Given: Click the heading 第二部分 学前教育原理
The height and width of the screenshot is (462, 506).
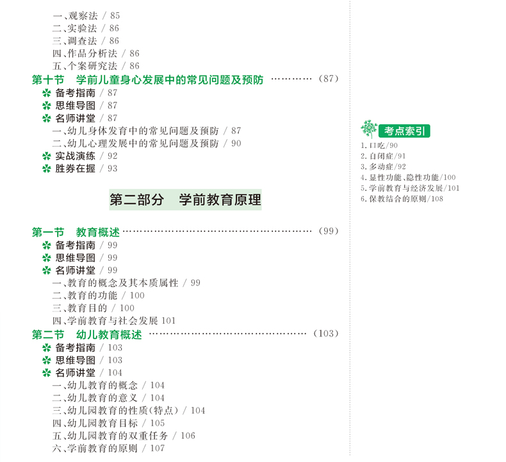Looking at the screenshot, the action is coord(185,200).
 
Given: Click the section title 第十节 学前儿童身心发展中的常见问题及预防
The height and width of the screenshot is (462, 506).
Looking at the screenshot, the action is coord(148,79).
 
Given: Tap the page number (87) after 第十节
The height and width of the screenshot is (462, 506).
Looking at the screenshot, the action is coord(327,79).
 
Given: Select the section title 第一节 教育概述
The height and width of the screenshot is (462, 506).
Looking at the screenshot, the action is coord(76,232).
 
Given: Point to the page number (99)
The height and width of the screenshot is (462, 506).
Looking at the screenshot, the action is coord(327,231).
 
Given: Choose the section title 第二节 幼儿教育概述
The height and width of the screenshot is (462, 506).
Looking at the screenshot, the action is coord(87,334).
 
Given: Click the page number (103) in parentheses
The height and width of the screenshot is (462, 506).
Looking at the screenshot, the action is coord(325,333).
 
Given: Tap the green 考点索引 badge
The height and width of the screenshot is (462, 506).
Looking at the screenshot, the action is coord(404,131).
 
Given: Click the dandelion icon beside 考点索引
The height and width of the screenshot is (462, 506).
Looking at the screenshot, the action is coord(369,129).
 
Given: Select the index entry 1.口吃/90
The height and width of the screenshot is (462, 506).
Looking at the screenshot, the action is coord(379,145).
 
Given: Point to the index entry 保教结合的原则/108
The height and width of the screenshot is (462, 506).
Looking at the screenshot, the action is coord(402,199).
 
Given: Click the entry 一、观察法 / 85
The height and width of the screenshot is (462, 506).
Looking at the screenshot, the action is coord(86,15).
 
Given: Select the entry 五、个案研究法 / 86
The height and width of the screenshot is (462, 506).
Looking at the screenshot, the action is coord(95,66).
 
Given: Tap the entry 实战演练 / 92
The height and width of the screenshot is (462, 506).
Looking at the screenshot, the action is coord(86,156).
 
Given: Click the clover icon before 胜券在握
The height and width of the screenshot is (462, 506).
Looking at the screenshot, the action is coord(46,169).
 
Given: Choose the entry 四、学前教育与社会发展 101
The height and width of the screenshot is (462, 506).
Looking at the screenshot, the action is coord(114,320).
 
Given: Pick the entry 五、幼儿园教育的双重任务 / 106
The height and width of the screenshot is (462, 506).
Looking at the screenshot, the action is coord(124,436).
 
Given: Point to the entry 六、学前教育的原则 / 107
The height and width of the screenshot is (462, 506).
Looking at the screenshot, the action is coord(108,449).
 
